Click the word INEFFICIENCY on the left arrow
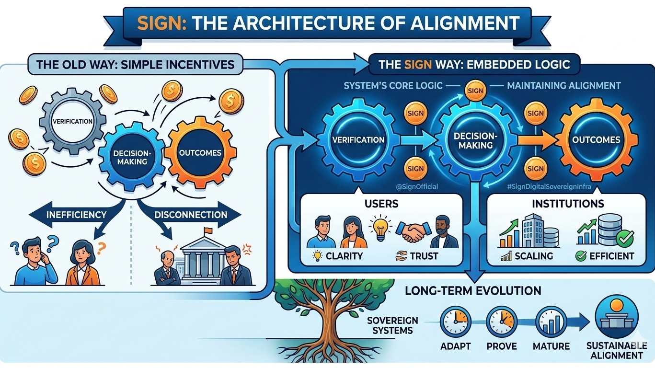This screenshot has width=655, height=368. coord(77,214)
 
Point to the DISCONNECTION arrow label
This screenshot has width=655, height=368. coord(191,214)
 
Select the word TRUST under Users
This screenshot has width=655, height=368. coord(424,256)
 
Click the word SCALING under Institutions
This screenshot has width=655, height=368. coord(533,256)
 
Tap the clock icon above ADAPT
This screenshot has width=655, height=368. coord(455,321)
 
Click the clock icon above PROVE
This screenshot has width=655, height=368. coord(502,321)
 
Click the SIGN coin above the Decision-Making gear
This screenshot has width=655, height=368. coord(474,90)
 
